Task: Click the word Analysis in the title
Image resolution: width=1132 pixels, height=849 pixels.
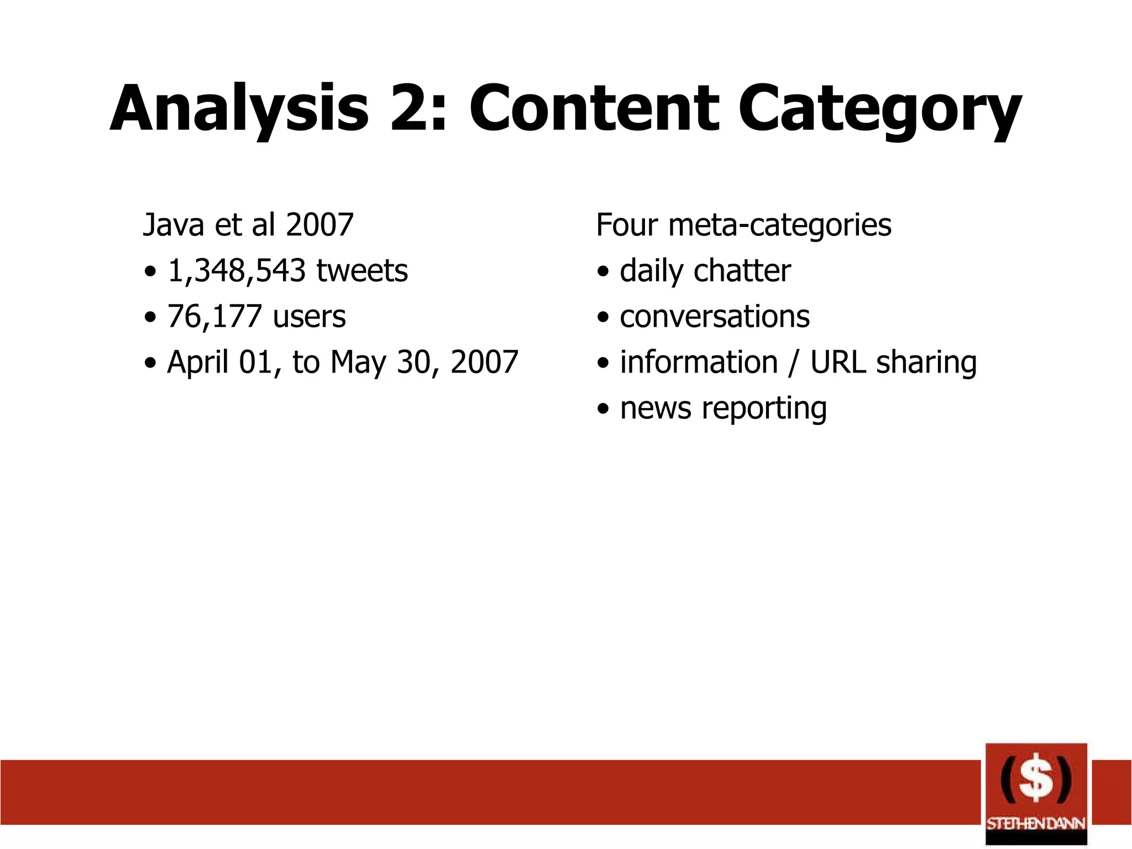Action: (239, 109)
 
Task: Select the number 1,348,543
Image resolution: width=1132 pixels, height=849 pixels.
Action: (237, 271)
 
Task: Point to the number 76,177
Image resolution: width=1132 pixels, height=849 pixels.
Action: (214, 317)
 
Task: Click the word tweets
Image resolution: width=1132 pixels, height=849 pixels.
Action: (362, 271)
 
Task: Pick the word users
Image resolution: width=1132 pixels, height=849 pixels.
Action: (310, 317)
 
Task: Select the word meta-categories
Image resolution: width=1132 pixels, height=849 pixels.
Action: (779, 226)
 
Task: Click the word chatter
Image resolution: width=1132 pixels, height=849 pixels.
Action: (742, 271)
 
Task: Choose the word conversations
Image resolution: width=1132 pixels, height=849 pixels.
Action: (715, 317)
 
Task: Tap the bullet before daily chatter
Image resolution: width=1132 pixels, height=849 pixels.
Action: (603, 272)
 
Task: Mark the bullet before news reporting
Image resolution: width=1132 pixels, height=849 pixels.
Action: (603, 410)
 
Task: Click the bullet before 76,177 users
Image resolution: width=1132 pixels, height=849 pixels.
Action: (150, 318)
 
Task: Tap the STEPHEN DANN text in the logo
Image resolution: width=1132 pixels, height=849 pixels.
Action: (1036, 824)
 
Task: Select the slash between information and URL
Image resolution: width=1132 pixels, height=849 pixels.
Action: (794, 363)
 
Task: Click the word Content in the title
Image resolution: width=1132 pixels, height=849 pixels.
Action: (594, 109)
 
